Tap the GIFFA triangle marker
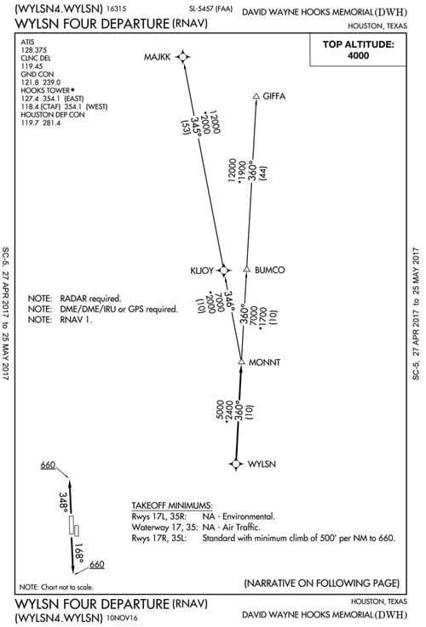tap(256, 95)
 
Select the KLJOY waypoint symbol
tap(223, 270)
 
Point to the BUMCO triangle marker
tap(246, 270)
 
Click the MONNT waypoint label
tap(265, 363)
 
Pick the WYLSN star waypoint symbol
tap(236, 464)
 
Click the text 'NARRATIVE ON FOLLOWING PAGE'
tap(321, 584)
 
